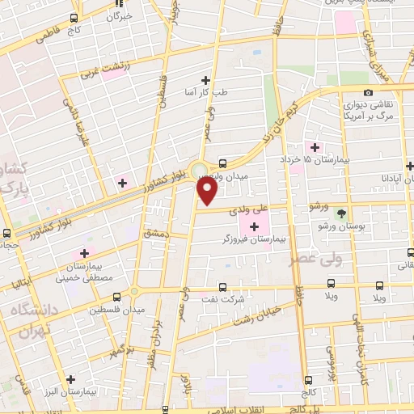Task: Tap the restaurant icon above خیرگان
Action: click(118, 4)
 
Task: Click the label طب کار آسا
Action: click(206, 91)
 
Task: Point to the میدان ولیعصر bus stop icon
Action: click(222, 162)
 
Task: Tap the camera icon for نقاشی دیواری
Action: click(369, 93)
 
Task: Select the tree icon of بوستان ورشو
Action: click(340, 213)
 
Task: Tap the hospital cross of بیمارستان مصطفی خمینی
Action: click(84, 254)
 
